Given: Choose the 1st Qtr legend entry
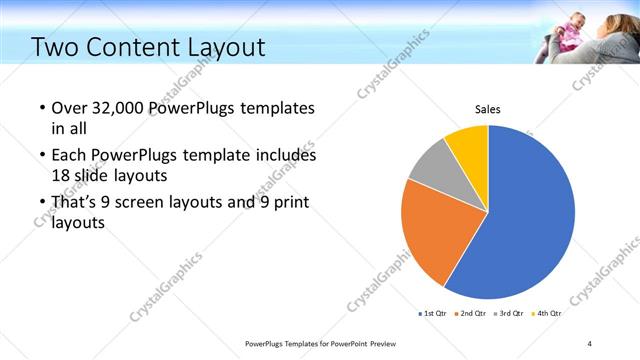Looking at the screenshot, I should [x=433, y=314].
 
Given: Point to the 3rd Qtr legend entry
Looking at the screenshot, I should [x=509, y=314].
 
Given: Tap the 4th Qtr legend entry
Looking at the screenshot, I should [x=547, y=314].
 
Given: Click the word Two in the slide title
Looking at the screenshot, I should [x=55, y=47].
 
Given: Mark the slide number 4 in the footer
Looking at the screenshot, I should [x=590, y=343].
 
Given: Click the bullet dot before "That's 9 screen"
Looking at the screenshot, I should [x=41, y=204].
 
